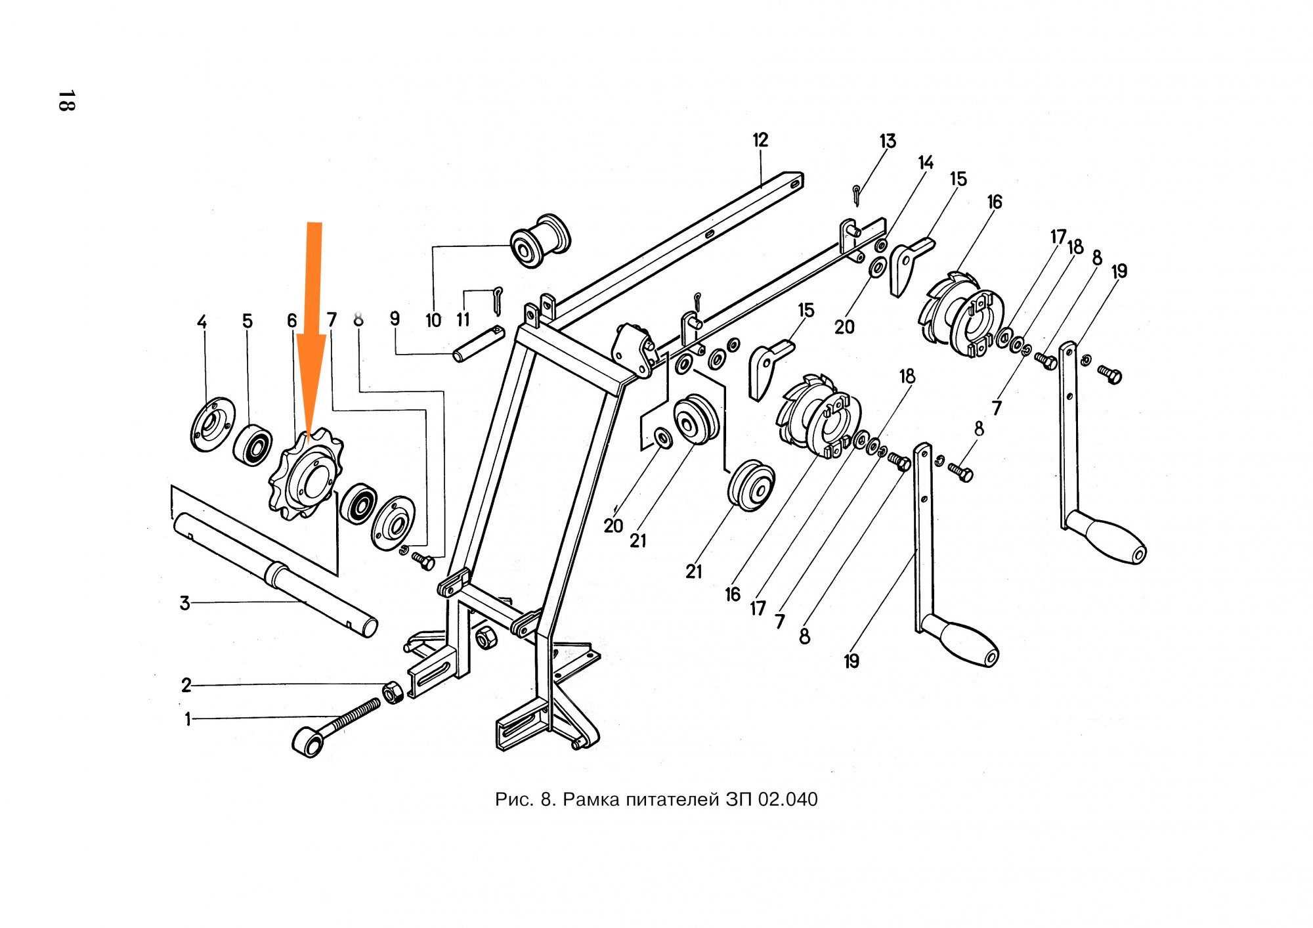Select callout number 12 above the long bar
pos(760,140)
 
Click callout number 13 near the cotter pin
pos(888,141)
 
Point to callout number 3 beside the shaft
pos(184,603)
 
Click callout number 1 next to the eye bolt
pos(188,719)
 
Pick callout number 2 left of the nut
pos(186,686)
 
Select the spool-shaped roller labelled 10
pos(541,240)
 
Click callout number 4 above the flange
pos(202,322)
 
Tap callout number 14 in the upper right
pos(926,163)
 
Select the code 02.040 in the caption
pos(788,800)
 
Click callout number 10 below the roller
pos(433,320)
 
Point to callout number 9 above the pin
pos(395,319)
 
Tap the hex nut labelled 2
pos(392,692)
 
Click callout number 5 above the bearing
pos(247,321)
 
